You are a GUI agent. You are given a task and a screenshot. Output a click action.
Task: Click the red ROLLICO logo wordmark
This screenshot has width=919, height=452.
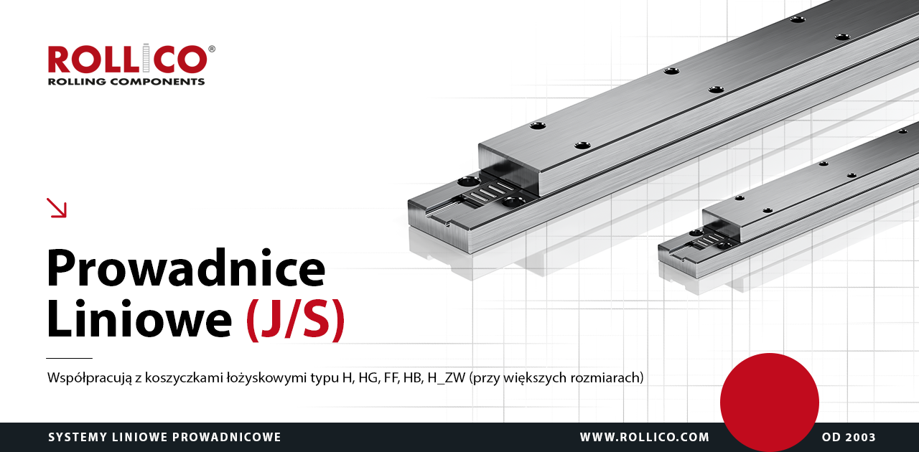tap(128, 59)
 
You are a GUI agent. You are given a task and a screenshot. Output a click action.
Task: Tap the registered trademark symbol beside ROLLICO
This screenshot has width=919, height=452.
tap(212, 49)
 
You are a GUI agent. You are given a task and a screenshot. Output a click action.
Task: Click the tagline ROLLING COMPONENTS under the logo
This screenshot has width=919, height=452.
tap(126, 81)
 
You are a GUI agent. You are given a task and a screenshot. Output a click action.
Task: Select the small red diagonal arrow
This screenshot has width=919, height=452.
tap(57, 207)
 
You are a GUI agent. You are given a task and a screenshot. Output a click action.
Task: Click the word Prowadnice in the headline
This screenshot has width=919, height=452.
tap(186, 268)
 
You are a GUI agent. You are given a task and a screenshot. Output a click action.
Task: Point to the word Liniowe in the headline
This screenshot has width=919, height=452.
tap(139, 318)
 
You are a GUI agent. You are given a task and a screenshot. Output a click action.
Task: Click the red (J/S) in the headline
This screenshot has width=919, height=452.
tap(295, 320)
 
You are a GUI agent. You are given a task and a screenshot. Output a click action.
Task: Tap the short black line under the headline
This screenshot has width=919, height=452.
tap(69, 358)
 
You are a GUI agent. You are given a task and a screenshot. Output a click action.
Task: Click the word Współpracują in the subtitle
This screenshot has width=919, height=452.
tap(90, 378)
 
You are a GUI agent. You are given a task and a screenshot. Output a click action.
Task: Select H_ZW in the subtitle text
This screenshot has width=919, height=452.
tap(446, 378)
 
